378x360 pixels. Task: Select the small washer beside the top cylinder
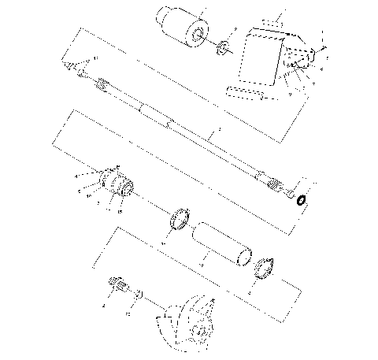(x=224, y=46)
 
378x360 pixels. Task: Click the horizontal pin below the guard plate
(x=244, y=94)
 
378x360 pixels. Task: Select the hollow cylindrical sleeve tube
(x=221, y=241)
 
